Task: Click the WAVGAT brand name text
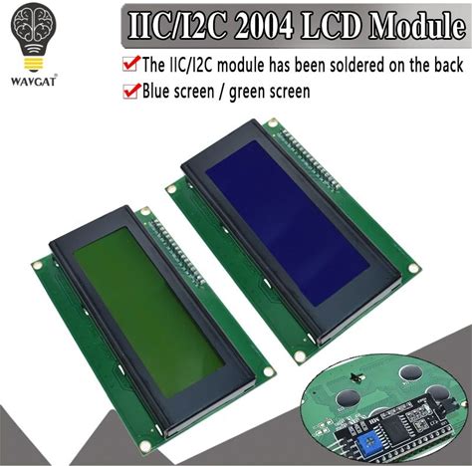pyautogui.click(x=34, y=82)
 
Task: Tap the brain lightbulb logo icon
pyautogui.click(x=34, y=38)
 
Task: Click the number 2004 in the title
pyautogui.click(x=262, y=25)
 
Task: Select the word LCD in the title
pyautogui.click(x=331, y=25)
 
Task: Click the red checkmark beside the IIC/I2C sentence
pyautogui.click(x=130, y=63)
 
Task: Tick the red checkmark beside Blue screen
pyautogui.click(x=130, y=91)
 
